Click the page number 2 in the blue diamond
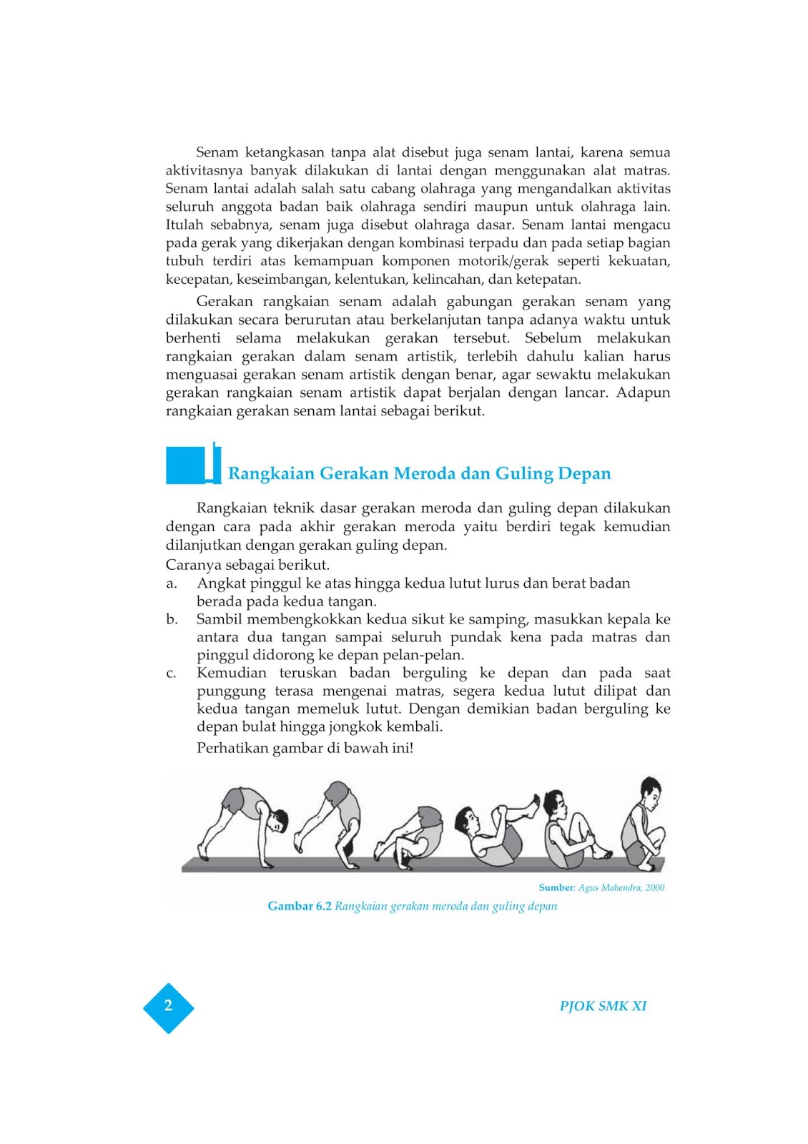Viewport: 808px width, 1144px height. (168, 1006)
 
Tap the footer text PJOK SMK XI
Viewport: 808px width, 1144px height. (603, 1006)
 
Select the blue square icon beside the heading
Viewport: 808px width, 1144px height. (186, 465)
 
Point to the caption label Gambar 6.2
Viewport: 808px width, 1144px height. (300, 906)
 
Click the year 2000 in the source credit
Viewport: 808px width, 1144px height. (654, 887)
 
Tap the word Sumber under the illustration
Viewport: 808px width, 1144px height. (556, 887)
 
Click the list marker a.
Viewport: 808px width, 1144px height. (172, 583)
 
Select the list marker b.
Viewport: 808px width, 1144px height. (172, 619)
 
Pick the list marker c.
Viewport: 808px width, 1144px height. (172, 673)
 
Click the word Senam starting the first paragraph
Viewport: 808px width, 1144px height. (217, 152)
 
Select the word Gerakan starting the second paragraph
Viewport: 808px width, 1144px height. (225, 302)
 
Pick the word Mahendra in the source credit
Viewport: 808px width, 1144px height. (621, 887)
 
